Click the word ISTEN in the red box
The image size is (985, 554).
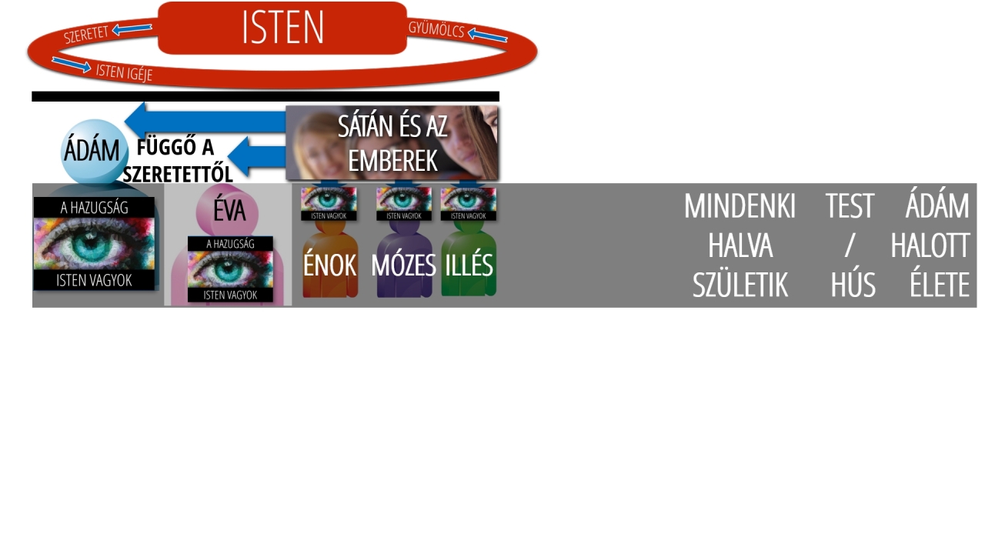pos(282,27)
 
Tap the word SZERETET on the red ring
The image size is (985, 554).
pos(85,35)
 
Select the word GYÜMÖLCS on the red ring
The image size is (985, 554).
pos(436,29)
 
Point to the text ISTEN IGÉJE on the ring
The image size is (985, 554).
pos(124,72)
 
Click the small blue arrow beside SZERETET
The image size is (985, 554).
pos(132,29)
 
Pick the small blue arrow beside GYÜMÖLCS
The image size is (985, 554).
pos(488,35)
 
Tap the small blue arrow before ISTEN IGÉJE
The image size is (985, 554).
pos(72,65)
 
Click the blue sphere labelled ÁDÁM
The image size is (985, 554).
pos(94,152)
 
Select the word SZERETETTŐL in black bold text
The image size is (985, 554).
pos(178,175)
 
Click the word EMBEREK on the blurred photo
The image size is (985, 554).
pos(392,161)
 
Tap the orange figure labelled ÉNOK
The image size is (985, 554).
pos(330,259)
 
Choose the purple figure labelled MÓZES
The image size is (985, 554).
pos(404,259)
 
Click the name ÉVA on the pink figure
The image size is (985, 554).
pos(229,211)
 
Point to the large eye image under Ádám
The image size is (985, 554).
pos(94,244)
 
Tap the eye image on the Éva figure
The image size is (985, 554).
pos(230,269)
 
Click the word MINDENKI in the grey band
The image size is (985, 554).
pos(740,205)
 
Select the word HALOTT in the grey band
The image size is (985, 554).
pos(930,245)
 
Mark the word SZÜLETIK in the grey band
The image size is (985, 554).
pos(740,285)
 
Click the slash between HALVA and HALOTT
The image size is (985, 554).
pos(850,245)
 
